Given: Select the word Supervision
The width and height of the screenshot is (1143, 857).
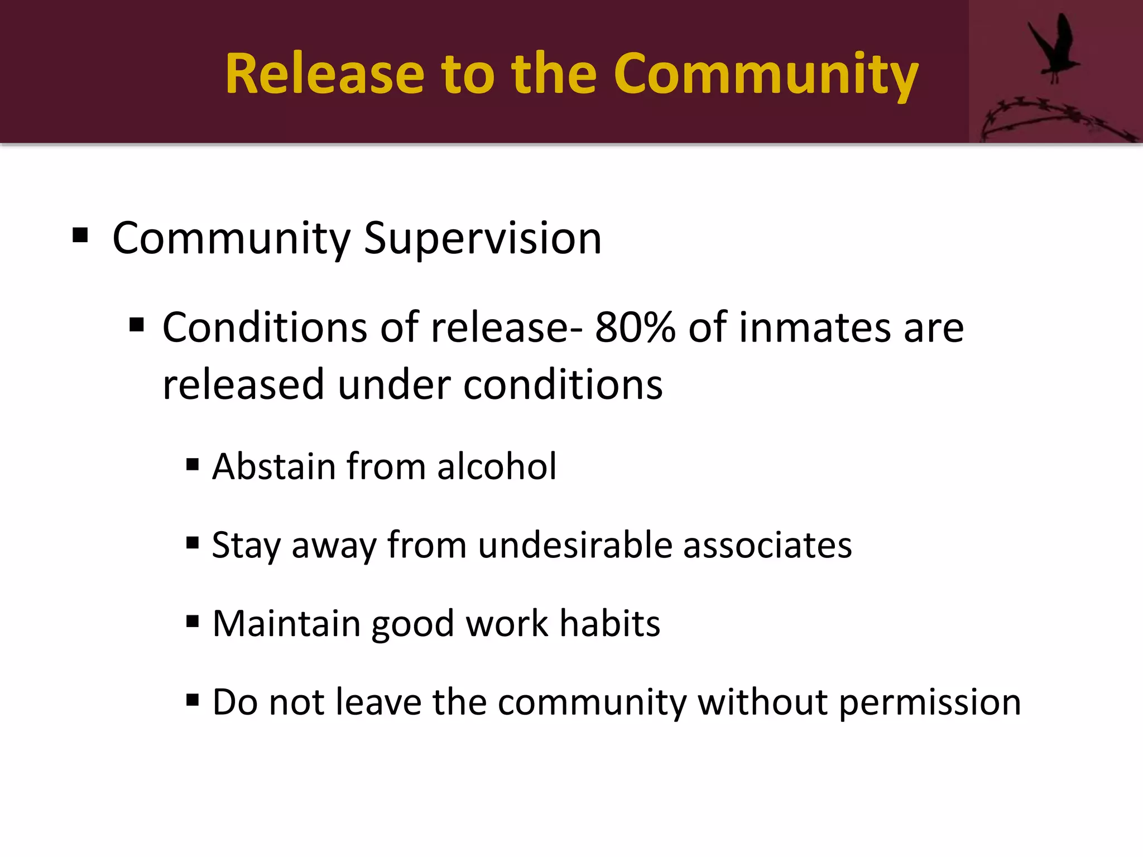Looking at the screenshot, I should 483,239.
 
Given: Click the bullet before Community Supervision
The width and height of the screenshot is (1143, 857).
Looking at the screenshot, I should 80,235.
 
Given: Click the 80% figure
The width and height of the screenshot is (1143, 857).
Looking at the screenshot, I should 635,328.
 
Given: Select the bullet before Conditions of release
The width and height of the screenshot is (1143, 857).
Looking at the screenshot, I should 137,325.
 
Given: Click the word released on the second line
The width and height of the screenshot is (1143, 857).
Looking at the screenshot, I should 243,385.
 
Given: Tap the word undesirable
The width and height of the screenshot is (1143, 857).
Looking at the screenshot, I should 575,545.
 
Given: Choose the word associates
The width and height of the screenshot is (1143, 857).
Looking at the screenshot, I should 767,545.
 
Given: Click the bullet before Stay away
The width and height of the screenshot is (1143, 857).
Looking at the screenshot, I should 193,542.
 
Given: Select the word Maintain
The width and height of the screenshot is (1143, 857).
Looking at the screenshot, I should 286,623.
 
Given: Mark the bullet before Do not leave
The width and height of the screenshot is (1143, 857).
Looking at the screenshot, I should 193,700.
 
